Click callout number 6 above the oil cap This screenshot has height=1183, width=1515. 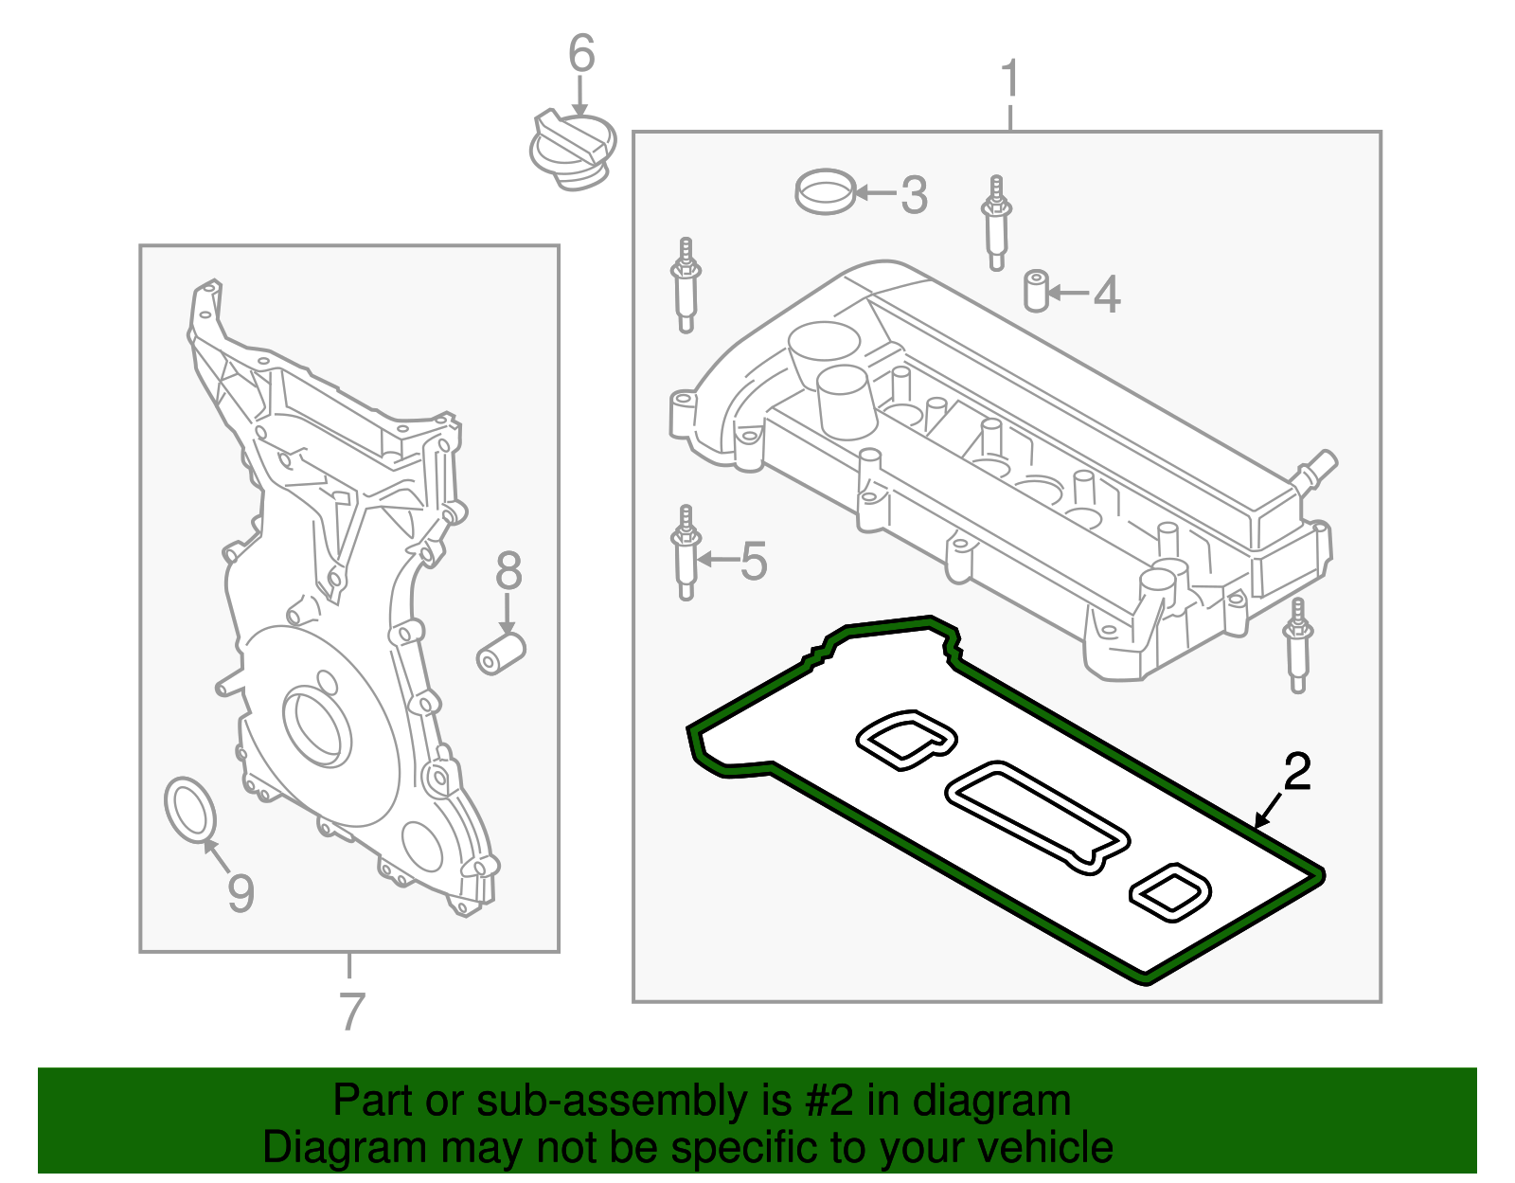pyautogui.click(x=581, y=54)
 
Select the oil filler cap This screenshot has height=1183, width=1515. pyautogui.click(x=572, y=149)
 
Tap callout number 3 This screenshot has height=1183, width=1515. pyautogui.click(x=914, y=195)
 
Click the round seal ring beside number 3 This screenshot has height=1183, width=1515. pyautogui.click(x=825, y=192)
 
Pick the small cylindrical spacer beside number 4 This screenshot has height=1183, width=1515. pyautogui.click(x=1037, y=291)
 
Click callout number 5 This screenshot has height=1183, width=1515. pyautogui.click(x=754, y=561)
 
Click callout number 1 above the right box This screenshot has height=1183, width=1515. pyautogui.click(x=1010, y=80)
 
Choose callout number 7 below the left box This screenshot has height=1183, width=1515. pyautogui.click(x=351, y=1012)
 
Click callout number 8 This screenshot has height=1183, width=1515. pyautogui.click(x=508, y=571)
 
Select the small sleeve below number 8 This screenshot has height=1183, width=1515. pyautogui.click(x=500, y=654)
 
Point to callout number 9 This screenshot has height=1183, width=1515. pyautogui.click(x=241, y=892)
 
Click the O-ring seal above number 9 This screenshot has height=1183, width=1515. pyautogui.click(x=190, y=808)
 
